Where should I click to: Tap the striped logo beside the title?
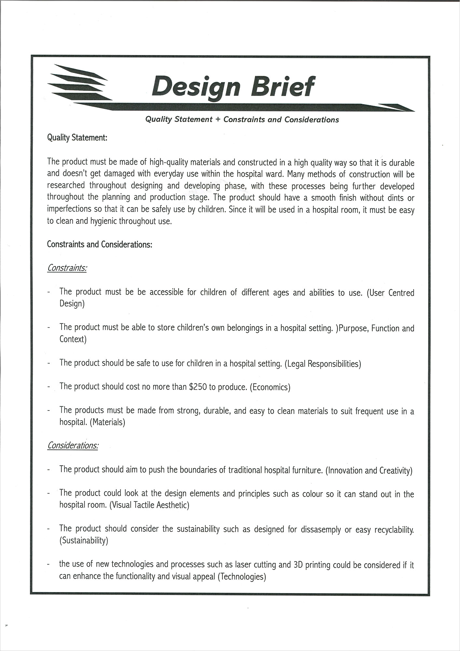[x=80, y=83]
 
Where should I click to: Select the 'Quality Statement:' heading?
[x=77, y=138]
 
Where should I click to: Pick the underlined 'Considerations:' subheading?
[x=73, y=445]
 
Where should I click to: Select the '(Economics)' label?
[x=270, y=387]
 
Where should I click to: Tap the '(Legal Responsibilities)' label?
[x=323, y=363]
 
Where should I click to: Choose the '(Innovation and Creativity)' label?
[x=369, y=470]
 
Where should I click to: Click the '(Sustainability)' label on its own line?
[x=84, y=541]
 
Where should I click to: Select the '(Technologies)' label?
[x=242, y=576]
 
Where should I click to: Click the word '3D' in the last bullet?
[x=298, y=565]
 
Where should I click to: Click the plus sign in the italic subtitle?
[x=218, y=120]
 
